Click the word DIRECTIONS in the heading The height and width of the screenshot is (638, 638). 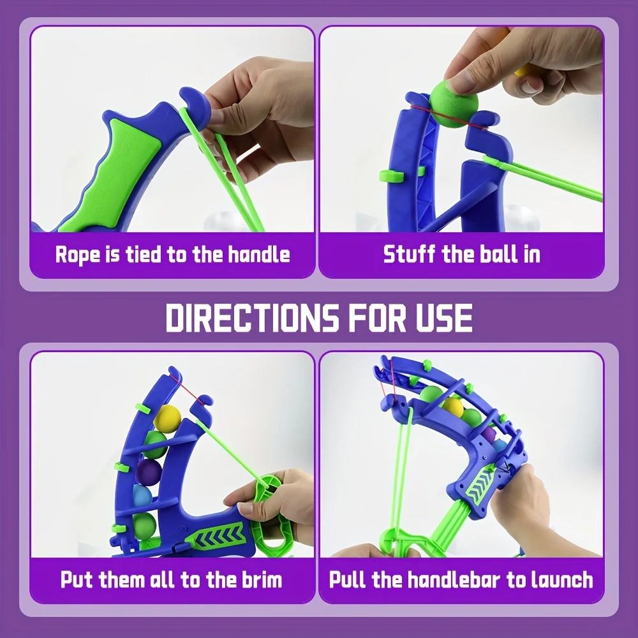coord(252,317)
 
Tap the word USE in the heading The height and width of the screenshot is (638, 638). coord(444,317)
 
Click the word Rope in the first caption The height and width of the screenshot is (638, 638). coord(77,255)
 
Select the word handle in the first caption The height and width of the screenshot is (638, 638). coord(258,254)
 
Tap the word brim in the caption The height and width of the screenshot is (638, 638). coord(262,579)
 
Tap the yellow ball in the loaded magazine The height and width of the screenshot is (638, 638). coord(167,417)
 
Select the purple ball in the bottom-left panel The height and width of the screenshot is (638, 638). coord(149,472)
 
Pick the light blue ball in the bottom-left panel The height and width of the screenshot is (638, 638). coord(142,496)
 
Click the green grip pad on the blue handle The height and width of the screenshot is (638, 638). coord(116,171)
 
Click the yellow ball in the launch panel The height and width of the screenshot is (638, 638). coord(452,408)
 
